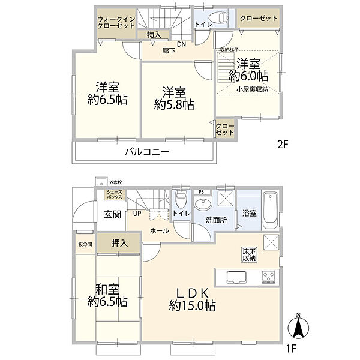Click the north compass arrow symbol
pyautogui.click(x=298, y=328)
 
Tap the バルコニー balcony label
pyautogui.click(x=147, y=152)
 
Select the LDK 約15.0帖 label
pyautogui.click(x=191, y=299)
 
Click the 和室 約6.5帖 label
pyautogui.click(x=107, y=294)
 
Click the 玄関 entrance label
pyautogui.click(x=112, y=214)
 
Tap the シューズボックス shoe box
pyautogui.click(x=113, y=194)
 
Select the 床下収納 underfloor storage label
pyautogui.click(x=250, y=254)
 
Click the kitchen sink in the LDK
pyautogui.click(x=235, y=277)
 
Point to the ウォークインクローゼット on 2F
pyautogui.click(x=116, y=27)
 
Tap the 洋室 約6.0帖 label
pyautogui.click(x=247, y=69)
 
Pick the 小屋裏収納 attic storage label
pyautogui.click(x=252, y=89)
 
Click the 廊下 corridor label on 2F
pyautogui.click(x=169, y=52)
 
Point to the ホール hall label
pyautogui.click(x=159, y=230)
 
